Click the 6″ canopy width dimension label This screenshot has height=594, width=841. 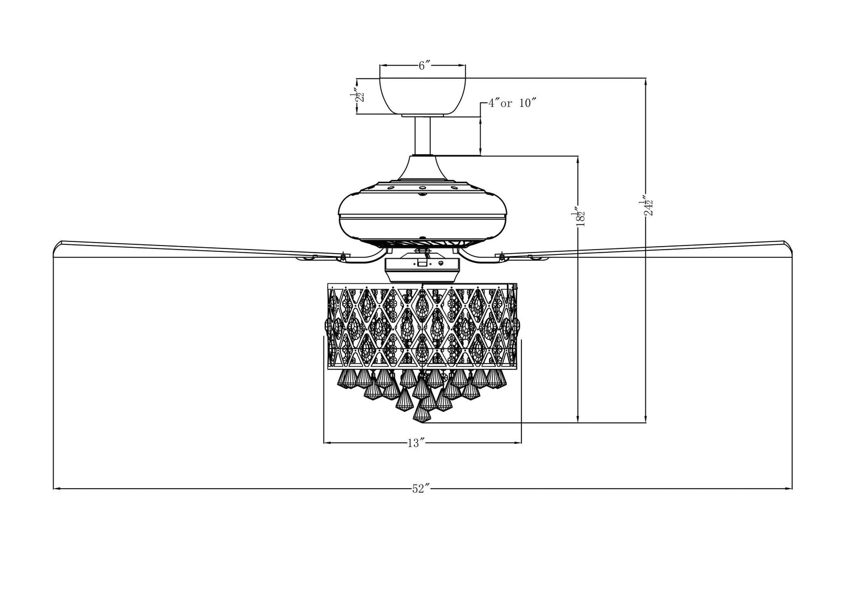pos(424,66)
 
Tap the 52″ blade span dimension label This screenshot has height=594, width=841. pos(420,489)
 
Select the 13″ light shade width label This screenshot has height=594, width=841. pos(414,443)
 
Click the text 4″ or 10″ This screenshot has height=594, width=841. pos(512,104)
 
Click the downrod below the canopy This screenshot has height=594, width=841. pos(422,135)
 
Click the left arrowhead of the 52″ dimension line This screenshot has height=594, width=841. pos(55,489)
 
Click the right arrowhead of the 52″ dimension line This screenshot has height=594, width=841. pos(790,489)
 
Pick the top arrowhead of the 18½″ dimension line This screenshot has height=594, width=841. pos(577,158)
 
